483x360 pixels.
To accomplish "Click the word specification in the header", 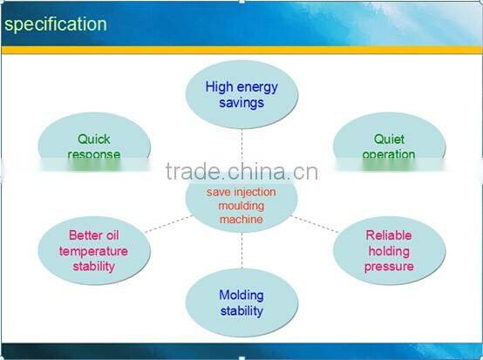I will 55,24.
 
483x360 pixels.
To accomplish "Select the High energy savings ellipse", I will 241,94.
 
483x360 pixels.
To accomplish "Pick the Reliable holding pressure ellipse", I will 389,251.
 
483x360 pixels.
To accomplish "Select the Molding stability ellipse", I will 241,302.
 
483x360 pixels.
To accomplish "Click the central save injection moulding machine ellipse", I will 241,205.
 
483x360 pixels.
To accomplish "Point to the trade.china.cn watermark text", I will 241,171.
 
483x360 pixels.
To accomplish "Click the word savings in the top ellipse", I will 241,102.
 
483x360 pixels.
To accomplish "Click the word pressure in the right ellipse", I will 389,267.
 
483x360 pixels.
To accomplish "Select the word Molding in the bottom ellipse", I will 241,295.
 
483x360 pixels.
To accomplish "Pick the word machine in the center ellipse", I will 241,220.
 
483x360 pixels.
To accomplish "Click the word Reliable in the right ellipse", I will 389,235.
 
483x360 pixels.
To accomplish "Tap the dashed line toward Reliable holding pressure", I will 316,224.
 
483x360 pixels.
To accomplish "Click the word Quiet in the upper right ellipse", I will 390,139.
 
